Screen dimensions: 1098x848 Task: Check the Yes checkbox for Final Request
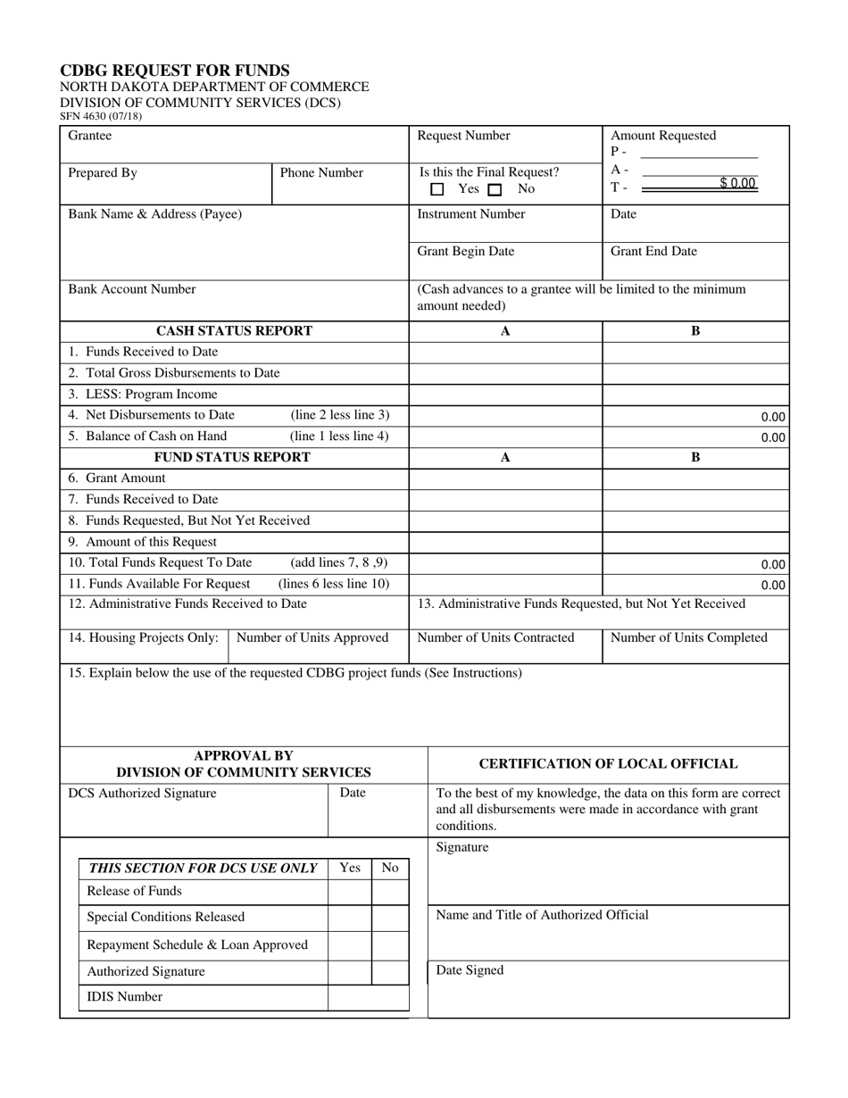tap(437, 189)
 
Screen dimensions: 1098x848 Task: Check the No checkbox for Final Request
tap(495, 189)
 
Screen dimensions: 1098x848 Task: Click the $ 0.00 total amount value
tap(737, 184)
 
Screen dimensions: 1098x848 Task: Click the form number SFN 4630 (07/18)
tap(100, 116)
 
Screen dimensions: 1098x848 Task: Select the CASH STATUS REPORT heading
tap(234, 331)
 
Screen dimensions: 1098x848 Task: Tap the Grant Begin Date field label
tap(466, 252)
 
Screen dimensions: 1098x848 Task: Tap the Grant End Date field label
tap(653, 252)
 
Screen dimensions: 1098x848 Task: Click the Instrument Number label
tap(471, 214)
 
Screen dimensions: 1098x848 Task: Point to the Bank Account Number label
tap(132, 289)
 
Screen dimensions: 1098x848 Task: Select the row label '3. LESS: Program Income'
tap(143, 394)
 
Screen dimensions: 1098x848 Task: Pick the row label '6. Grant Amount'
tap(117, 478)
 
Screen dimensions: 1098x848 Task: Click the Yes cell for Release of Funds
tap(350, 892)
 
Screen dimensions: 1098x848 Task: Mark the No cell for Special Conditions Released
tap(390, 918)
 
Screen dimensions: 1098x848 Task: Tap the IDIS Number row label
tap(124, 997)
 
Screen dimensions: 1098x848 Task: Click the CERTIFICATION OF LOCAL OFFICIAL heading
tap(609, 764)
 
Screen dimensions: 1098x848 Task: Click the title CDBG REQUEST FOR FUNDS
tap(174, 71)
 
